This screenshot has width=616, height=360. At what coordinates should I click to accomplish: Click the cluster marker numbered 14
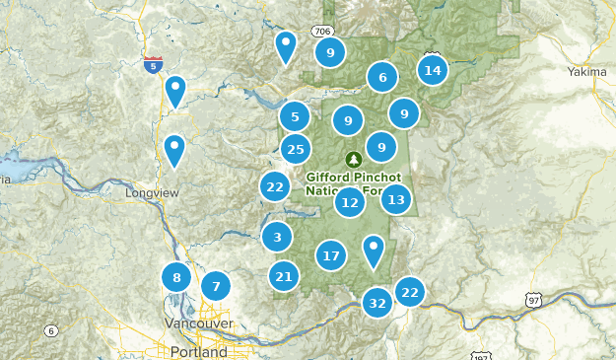coord(432,70)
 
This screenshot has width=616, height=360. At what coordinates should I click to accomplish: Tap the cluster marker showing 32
coord(376,302)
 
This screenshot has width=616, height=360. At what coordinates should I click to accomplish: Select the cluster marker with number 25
coord(295,149)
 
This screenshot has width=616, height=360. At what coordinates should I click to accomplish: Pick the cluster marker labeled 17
coord(331,255)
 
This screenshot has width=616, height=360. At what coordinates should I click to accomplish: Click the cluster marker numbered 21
coord(284,276)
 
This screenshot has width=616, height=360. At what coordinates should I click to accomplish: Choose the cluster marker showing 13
coord(395,199)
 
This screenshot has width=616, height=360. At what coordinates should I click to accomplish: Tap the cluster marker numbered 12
coord(349,203)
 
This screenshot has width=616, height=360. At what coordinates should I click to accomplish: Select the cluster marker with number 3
coord(277,237)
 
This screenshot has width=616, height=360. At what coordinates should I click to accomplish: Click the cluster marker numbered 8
coord(176,277)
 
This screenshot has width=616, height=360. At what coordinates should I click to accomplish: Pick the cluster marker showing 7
coord(215,287)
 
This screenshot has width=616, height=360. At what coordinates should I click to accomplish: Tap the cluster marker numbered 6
coord(381,76)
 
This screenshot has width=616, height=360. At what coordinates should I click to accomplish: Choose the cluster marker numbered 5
coord(295,117)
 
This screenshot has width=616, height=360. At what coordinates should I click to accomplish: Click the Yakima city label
coord(588,72)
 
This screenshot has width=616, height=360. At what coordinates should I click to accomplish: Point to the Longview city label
coord(152,193)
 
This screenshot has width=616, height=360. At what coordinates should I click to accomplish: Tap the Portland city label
coord(197,352)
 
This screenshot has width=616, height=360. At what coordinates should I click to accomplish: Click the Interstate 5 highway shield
coord(153,65)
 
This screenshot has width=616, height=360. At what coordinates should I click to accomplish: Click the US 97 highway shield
coord(533,299)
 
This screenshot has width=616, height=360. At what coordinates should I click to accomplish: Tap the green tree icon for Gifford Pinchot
coord(353,159)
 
